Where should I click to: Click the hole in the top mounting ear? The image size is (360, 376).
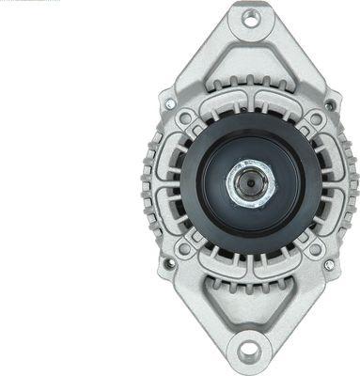250,17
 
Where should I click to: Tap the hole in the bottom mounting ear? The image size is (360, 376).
248,352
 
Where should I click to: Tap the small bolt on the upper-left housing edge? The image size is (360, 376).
170,98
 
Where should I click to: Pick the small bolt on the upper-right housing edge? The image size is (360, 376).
330,98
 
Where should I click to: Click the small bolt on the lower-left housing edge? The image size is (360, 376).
170,264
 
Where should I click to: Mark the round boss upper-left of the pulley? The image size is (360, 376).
187,119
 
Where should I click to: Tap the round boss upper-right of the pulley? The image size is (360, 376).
314,119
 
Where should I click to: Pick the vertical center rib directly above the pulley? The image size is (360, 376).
250,102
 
